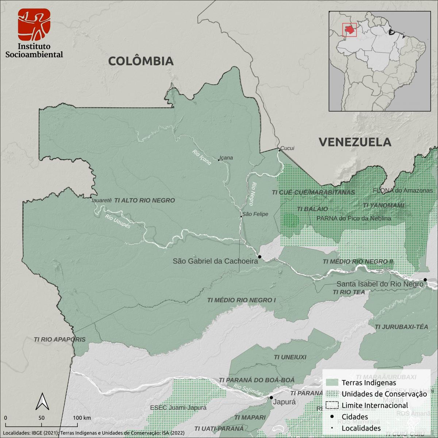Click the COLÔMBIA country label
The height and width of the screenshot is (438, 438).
[141, 61]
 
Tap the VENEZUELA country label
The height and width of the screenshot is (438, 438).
[355, 142]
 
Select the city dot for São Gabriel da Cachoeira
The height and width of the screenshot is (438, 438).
[260, 257]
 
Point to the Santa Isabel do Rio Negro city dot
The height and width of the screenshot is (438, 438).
[425, 280]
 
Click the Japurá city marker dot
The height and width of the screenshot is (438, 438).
[271, 397]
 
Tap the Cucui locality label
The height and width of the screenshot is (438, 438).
[287, 148]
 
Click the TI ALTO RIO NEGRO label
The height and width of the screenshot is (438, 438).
[145, 200]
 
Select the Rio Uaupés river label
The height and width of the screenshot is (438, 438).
[118, 222]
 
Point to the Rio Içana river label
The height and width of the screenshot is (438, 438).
[201, 157]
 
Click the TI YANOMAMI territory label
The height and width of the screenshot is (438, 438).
[383, 206]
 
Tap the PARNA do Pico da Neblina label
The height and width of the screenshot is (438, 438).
[354, 218]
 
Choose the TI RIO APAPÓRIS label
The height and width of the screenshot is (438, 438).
[59, 339]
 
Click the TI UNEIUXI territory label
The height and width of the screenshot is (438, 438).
[290, 357]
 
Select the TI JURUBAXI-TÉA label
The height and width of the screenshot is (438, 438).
[401, 327]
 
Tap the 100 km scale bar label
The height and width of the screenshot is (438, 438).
[82, 418]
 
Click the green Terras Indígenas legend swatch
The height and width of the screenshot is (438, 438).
[332, 383]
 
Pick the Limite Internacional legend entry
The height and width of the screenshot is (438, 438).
[374, 405]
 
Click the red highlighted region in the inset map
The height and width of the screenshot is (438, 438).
[350, 30]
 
